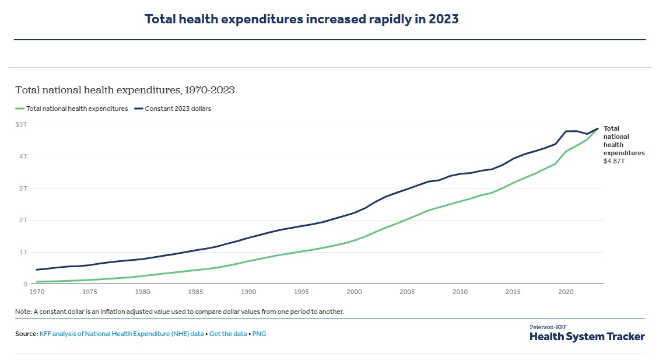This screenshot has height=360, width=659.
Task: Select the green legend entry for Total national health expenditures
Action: (x=77, y=109)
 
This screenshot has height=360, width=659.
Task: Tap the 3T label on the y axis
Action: (x=23, y=188)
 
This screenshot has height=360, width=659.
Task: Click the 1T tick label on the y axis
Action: (x=23, y=252)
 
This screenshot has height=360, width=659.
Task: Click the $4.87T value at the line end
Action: (x=614, y=160)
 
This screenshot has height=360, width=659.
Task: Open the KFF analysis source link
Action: (x=121, y=334)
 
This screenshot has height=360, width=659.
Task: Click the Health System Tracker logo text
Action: (x=587, y=337)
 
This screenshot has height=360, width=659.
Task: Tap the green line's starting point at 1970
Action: (x=37, y=282)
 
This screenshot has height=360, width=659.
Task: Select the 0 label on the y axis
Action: (x=26, y=284)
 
